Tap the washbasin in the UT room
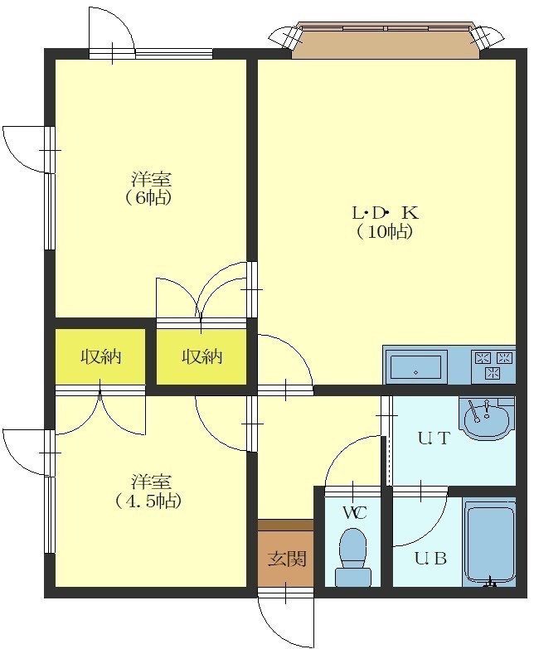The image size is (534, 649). coord(487,418)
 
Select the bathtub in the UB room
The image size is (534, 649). coord(489,542)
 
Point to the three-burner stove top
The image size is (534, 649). coord(493,365)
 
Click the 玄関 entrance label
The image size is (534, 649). coord(286,559)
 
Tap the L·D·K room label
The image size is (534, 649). coord(385,213)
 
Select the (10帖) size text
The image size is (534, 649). coord(385,232)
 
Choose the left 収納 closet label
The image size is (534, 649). coord(100,356)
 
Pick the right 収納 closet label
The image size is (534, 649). coord(202,356)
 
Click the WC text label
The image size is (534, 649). coord(355,513)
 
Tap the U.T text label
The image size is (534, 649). coord(434,438)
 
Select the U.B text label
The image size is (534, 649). coord(430,559)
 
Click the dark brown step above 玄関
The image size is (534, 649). coord(285,525)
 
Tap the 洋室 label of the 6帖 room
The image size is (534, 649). coord(151,180)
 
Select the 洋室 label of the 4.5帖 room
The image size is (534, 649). coord(151,482)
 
